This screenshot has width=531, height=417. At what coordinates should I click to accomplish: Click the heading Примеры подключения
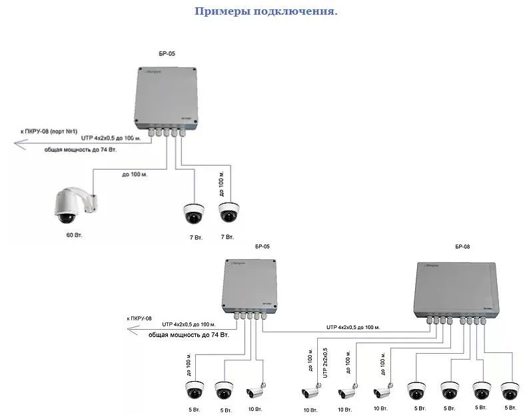point(266,11)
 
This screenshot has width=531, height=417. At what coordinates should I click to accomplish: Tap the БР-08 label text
point(462,246)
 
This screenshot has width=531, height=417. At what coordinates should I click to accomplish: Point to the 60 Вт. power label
point(74,236)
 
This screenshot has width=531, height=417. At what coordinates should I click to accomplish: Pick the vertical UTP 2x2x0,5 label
point(325,363)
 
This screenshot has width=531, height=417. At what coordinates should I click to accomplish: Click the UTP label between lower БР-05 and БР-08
point(353,327)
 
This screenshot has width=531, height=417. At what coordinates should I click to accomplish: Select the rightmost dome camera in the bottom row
point(510,390)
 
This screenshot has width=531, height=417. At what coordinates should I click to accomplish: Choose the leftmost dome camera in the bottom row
point(195,390)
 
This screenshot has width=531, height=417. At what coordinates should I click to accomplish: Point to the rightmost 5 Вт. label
point(510,407)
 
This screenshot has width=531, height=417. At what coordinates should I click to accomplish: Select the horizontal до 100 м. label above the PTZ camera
point(135,175)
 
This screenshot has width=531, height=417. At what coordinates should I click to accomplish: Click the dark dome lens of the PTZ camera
point(66,217)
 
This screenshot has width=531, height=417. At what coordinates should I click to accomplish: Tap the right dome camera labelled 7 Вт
point(229,213)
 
